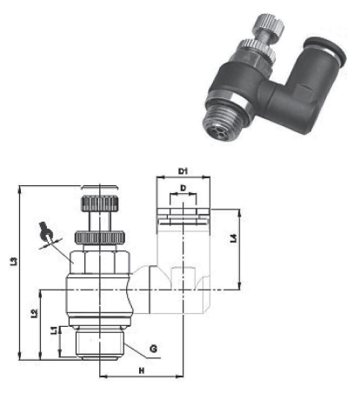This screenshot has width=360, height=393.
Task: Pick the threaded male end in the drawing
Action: (101, 342)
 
